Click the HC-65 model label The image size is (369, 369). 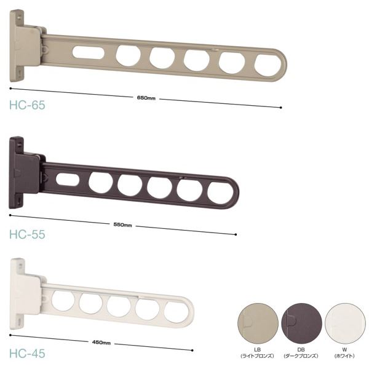coord(27,105)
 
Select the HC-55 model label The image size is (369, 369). coord(27,234)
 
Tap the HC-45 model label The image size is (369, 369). coord(27,354)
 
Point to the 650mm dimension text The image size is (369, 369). coord(146,98)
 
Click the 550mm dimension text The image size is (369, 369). coord(122,224)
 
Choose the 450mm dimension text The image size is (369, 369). coord(101,343)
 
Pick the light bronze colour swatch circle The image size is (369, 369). coord(258,324)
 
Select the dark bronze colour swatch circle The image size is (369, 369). coord(301,324)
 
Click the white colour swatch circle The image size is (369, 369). coord(345,324)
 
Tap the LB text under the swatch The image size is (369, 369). coord(257,350)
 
